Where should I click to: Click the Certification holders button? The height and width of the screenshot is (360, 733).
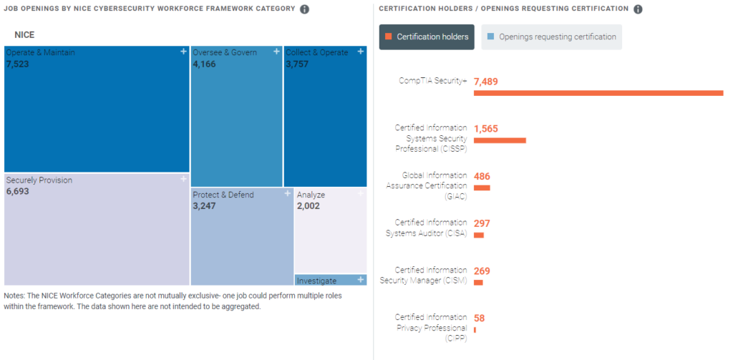427,37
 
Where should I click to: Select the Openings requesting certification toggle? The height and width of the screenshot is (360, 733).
551,37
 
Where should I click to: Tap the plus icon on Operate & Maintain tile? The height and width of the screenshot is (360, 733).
183,52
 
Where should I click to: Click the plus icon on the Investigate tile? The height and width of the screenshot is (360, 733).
361,280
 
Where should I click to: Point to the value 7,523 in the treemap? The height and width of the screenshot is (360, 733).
17,64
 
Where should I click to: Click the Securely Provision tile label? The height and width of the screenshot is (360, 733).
39,180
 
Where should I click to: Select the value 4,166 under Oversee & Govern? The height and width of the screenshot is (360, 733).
204,64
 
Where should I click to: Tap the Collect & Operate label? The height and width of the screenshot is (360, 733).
317,52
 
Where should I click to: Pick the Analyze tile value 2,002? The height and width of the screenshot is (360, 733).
308,206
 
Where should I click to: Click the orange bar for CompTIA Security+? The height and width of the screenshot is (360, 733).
598,93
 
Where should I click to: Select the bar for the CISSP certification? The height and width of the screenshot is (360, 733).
500,140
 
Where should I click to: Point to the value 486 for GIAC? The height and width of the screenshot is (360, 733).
482,176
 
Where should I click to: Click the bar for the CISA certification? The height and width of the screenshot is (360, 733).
479,235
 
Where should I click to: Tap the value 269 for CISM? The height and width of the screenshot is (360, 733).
482,271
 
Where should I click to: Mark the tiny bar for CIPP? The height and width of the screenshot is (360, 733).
475,330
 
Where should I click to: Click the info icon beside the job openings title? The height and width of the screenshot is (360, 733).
305,9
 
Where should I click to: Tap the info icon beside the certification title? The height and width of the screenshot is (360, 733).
638,9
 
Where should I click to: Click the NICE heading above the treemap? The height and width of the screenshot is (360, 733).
24,34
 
